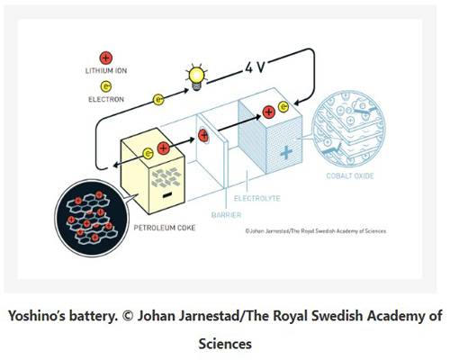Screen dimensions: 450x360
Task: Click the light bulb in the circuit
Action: coord(196,77)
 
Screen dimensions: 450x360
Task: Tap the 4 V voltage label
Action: coord(255,67)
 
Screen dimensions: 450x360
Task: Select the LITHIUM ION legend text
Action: coord(106,71)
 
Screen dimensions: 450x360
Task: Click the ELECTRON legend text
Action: coord(106,99)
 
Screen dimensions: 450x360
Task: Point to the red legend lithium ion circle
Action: coord(106,58)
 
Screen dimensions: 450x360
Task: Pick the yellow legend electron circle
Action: coord(106,86)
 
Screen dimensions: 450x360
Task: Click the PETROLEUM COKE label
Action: coord(165,228)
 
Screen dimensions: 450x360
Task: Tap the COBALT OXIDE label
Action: coord(350,175)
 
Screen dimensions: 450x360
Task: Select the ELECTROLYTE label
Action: coord(256,198)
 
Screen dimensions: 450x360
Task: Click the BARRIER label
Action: coord(226,215)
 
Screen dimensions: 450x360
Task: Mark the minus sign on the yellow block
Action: coord(167,195)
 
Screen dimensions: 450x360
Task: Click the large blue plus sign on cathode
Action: coord(286,153)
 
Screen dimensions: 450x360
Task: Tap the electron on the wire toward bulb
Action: coord(158,100)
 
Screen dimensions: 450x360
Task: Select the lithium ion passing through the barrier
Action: coord(203,135)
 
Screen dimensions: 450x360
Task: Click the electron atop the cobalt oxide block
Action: coord(283,107)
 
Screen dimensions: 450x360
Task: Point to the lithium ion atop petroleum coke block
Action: coord(163,148)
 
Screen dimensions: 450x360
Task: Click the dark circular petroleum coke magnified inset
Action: coord(91,218)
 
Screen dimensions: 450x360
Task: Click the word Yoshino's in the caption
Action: coord(37,316)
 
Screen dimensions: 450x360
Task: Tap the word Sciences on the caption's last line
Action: coord(225,344)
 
